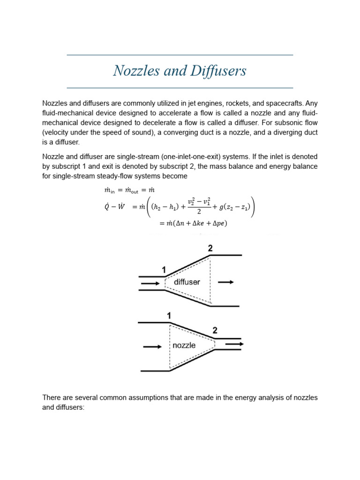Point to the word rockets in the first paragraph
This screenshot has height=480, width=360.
[x=240, y=103]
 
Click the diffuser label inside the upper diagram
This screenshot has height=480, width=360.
[x=187, y=282]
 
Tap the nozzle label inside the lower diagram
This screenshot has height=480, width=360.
[x=184, y=345]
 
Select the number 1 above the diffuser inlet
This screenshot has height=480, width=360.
[x=164, y=270]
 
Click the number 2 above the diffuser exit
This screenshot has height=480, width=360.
[x=210, y=248]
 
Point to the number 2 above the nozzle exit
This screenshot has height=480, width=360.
[x=215, y=330]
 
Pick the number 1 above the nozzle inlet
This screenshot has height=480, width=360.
[x=169, y=316]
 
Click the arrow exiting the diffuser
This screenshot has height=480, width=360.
[x=226, y=282]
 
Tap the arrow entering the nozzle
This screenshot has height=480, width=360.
[x=152, y=347]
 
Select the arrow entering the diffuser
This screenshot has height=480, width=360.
[x=150, y=284]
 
